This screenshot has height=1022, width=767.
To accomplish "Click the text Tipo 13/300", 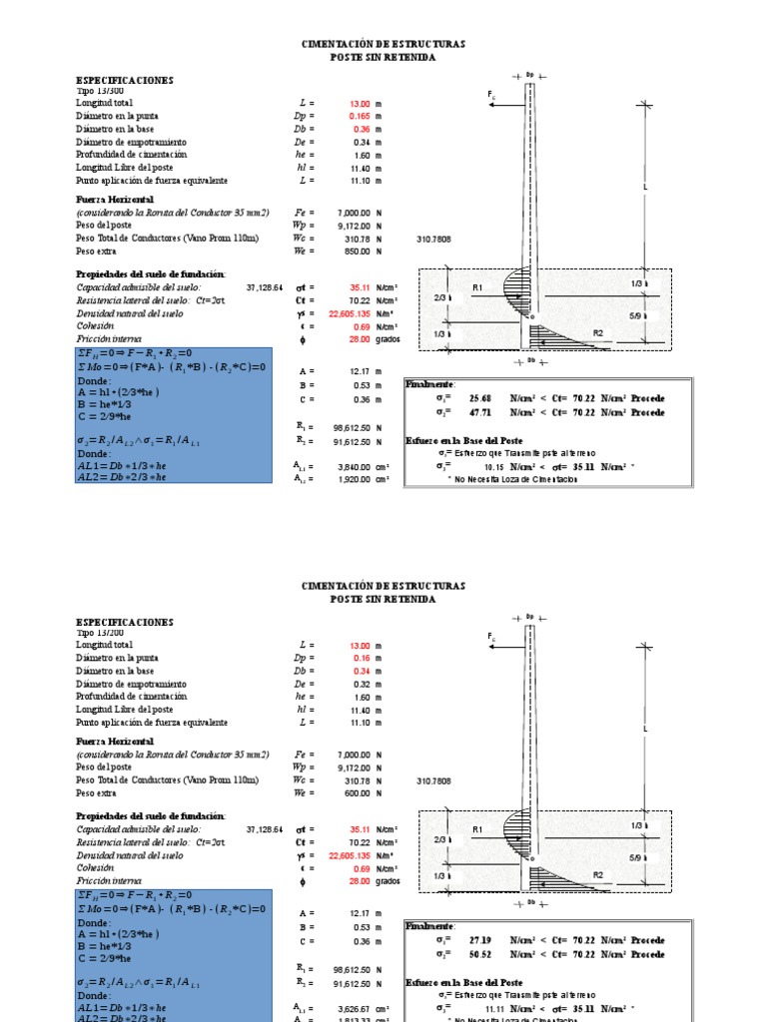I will pos(95,90).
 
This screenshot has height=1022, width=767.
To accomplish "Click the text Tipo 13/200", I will pos(95,632).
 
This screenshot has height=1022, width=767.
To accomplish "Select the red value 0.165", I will pos(360,116).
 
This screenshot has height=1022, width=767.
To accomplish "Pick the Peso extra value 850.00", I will pos(357,252).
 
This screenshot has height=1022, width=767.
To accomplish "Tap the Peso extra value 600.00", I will pos(357,793).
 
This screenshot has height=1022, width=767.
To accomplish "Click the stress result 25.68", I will pos(481,398).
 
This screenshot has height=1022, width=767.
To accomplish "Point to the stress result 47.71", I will pos(481,411).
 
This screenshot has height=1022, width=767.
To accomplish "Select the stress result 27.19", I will pos(481,940).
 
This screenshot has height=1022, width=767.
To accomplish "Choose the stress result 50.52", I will pos(481,953).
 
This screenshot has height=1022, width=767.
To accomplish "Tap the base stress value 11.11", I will pos(494,1008).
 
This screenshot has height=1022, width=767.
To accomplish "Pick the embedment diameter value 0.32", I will pos(362,684).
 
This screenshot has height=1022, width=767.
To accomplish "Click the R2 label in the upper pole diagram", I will pos(598,332).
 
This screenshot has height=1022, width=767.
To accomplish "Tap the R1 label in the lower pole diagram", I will pos(477,829).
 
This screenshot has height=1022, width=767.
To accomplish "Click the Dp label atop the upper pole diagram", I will pos(529,74).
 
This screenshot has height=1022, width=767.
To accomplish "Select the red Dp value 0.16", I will pos(362,658).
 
